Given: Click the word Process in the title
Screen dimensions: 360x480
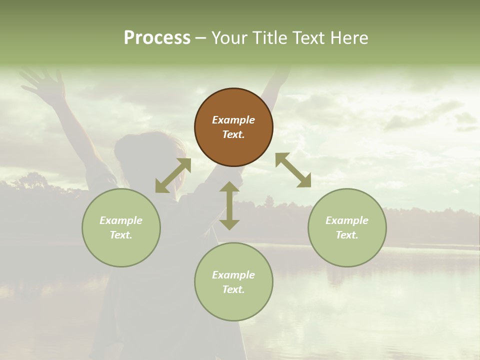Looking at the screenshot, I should coord(157,38).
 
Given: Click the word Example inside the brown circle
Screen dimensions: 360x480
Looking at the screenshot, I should coord(233,120).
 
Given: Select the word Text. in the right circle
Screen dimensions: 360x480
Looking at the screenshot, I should coord(347,235).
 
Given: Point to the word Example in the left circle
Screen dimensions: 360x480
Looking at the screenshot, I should coord(121,220).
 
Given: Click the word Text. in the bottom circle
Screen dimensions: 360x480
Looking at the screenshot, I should coord(233,289).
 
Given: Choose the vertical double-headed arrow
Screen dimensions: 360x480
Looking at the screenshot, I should coord(229,205).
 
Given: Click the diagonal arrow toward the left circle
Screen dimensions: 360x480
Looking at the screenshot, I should coord(173,175).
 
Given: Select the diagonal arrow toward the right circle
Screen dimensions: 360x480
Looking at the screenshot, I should coord(293,170).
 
